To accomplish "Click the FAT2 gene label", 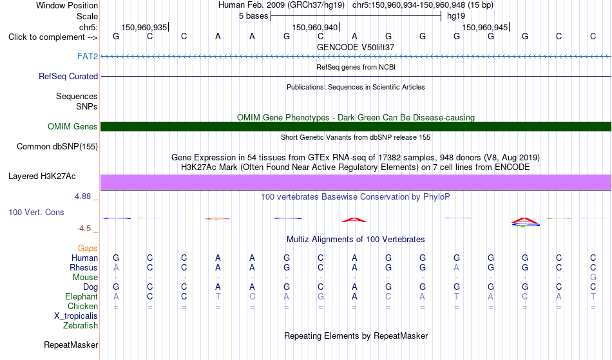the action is coord(88,56).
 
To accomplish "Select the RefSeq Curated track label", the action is coord(68,76).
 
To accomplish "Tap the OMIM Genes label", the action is coord(73,126).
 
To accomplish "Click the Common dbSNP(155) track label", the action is coord(57,147).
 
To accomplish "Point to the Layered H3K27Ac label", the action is coord(42,176).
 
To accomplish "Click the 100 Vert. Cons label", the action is coord(36,212).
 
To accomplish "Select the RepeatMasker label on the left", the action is coord(71,345).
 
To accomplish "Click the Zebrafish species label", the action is coord(81,325).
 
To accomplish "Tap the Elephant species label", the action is coord(82,296).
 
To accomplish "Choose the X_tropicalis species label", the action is coord(76,316).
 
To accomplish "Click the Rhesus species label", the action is coord(84,267).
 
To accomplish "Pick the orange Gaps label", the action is coord(88,249).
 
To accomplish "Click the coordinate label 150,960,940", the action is coord(314,27).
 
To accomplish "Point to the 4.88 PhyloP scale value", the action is coord(82,196).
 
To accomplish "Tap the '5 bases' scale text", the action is coord(254,16).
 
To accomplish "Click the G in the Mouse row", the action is coord(593,278).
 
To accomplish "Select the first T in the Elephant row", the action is coord(218,296).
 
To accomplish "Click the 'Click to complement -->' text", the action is coord(53,37).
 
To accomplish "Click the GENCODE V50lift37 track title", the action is coord(356,47).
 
